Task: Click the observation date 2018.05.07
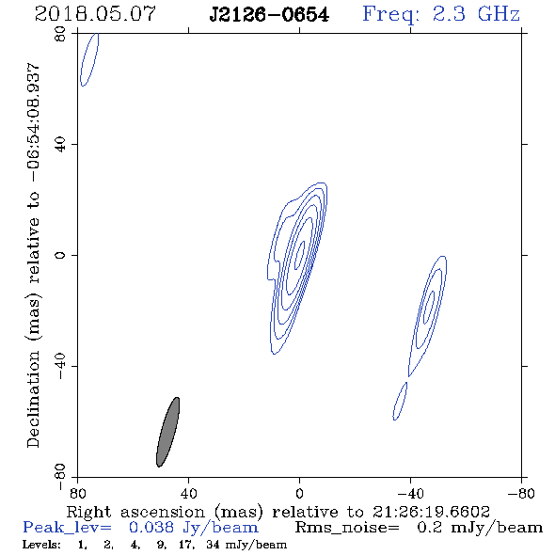point(95,14)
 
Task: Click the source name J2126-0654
point(269,15)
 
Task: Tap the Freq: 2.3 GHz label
point(441,14)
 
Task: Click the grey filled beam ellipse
point(167,432)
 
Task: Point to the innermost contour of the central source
point(300,256)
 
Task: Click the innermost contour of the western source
point(429,308)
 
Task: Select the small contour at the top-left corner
point(89,59)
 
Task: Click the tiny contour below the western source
point(400,401)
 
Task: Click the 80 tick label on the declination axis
point(60,34)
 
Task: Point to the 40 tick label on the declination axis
point(60,145)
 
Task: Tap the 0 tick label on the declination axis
point(60,255)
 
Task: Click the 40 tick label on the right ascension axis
point(188,493)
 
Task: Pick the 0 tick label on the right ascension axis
point(299,493)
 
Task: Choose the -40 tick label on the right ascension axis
point(410,493)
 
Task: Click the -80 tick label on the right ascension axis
point(521,493)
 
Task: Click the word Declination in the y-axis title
point(33,399)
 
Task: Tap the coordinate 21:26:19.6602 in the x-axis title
point(431,512)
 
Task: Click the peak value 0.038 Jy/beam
point(193,528)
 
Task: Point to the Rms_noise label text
point(347,528)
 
